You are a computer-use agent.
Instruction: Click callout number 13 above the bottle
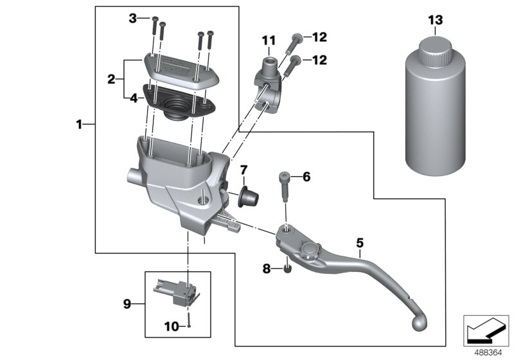click(x=436, y=21)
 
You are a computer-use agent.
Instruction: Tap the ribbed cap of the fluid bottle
click(x=436, y=48)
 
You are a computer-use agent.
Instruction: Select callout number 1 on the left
click(x=79, y=125)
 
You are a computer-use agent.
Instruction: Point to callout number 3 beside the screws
click(x=133, y=19)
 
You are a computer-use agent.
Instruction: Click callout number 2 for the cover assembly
click(x=111, y=80)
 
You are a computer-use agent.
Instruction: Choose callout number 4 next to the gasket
click(x=132, y=98)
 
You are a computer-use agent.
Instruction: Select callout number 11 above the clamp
click(x=267, y=42)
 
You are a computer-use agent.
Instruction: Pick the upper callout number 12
click(x=319, y=37)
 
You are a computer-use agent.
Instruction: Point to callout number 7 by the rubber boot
click(x=244, y=170)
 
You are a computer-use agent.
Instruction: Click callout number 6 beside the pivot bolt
click(x=306, y=176)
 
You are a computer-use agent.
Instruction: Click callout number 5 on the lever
click(x=360, y=242)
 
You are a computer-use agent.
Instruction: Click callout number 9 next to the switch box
click(x=127, y=303)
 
